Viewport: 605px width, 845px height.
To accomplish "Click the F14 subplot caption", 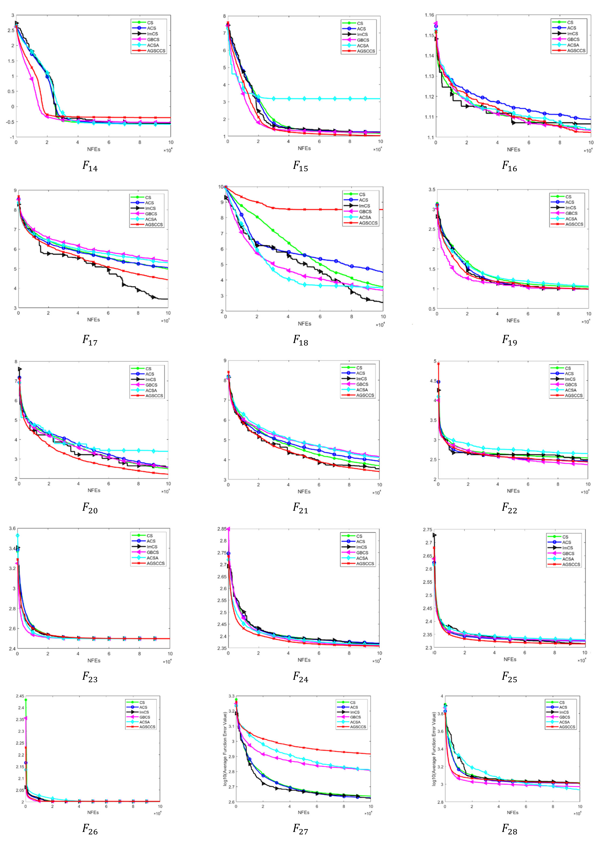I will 90,166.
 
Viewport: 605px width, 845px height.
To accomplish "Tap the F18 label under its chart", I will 300,340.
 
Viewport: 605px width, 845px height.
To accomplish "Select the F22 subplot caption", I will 509,508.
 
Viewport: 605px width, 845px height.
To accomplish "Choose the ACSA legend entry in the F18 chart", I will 365,217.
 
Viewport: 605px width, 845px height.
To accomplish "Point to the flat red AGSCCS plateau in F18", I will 335,209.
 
